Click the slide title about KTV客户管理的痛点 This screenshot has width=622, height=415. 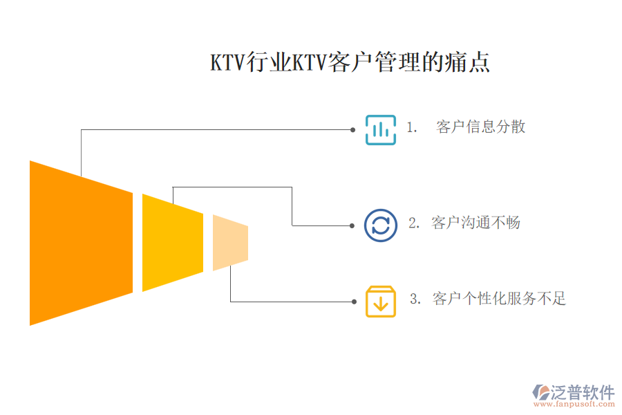coord(350,63)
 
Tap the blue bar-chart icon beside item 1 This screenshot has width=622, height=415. coord(380,129)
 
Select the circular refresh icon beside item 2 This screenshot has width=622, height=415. coord(380,225)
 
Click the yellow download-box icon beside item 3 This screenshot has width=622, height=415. coord(380,302)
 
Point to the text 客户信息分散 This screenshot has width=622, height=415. coord(481,127)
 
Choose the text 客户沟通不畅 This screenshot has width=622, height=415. coord(475,223)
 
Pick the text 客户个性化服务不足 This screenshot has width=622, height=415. coord(499,299)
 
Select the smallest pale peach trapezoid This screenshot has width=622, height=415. coord(229,243)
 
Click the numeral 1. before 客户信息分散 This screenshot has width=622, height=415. coord(412,128)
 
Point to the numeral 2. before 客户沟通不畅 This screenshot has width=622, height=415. coord(414,223)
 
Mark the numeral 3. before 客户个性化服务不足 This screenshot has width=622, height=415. coord(415,299)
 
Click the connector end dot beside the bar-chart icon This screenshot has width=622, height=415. coord(352,129)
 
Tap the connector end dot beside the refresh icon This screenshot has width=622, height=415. coord(352,225)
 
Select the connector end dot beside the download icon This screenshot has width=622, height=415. coord(352,302)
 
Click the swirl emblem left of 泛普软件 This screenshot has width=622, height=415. coord(540,392)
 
